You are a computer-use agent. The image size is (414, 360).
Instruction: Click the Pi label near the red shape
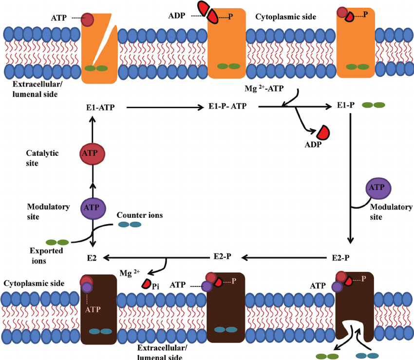(155, 286)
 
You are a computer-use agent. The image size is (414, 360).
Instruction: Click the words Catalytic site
(42, 158)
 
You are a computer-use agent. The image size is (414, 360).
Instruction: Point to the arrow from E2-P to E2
(156, 257)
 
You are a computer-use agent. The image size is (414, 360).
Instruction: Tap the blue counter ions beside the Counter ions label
(129, 225)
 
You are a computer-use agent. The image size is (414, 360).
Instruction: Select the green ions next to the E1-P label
(373, 105)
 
